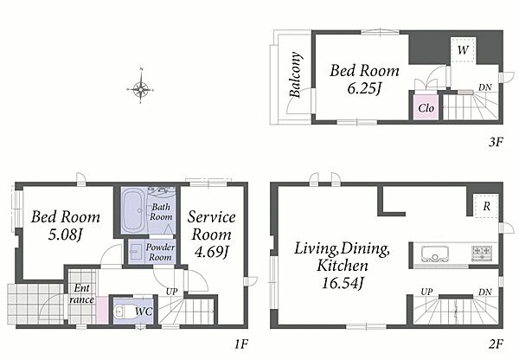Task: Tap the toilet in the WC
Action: (121, 312)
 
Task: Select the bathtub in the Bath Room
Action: (133, 210)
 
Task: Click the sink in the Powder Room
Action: (135, 252)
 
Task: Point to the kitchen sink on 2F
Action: (434, 254)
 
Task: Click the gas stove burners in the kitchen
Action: (482, 253)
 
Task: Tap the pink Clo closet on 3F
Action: (426, 107)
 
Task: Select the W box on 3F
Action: (464, 49)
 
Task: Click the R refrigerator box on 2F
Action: (486, 206)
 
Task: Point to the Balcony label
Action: (296, 74)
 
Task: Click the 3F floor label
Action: (496, 143)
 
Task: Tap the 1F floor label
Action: (241, 344)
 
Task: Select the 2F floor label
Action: (496, 344)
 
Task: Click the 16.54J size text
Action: (343, 283)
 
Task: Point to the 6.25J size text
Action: (364, 88)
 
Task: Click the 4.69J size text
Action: (211, 253)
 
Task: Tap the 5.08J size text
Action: (65, 235)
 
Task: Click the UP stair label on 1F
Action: (171, 292)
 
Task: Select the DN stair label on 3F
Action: (485, 87)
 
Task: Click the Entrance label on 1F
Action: (82, 293)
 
